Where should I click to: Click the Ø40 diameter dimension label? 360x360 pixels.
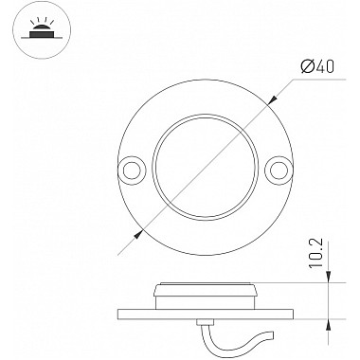point(317,66)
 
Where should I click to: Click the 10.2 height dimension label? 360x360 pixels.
point(316,253)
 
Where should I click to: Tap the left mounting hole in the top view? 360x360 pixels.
point(132,171)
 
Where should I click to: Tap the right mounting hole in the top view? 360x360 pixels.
point(279,171)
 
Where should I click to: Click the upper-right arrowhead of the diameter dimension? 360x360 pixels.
point(273,99)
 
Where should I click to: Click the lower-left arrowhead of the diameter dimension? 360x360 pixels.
point(139,234)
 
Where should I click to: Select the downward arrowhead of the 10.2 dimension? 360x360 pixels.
point(329,277)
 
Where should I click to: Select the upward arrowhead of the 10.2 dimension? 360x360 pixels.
point(329,325)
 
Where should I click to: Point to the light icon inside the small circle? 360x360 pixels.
point(42,29)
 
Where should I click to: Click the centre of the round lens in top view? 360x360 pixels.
point(206,168)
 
